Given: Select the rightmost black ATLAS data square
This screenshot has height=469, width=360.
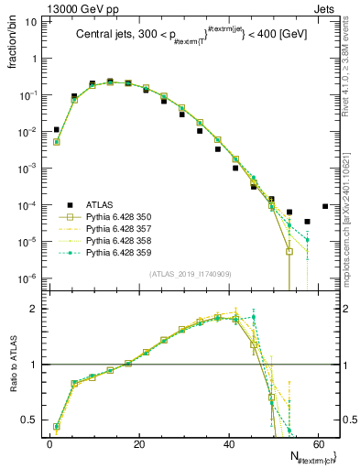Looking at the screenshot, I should (325, 206).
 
